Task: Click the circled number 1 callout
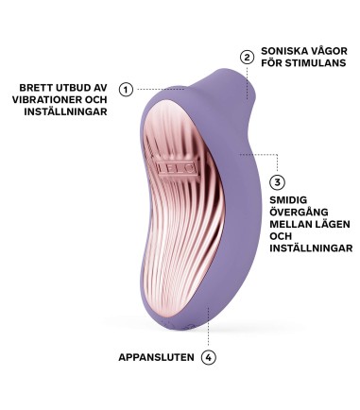(126, 89)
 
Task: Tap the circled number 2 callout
(247, 57)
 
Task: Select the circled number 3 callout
(277, 182)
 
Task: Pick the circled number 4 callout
(209, 358)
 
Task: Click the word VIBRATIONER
(43, 100)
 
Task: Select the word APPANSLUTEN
(156, 358)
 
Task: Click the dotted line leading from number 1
(165, 89)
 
